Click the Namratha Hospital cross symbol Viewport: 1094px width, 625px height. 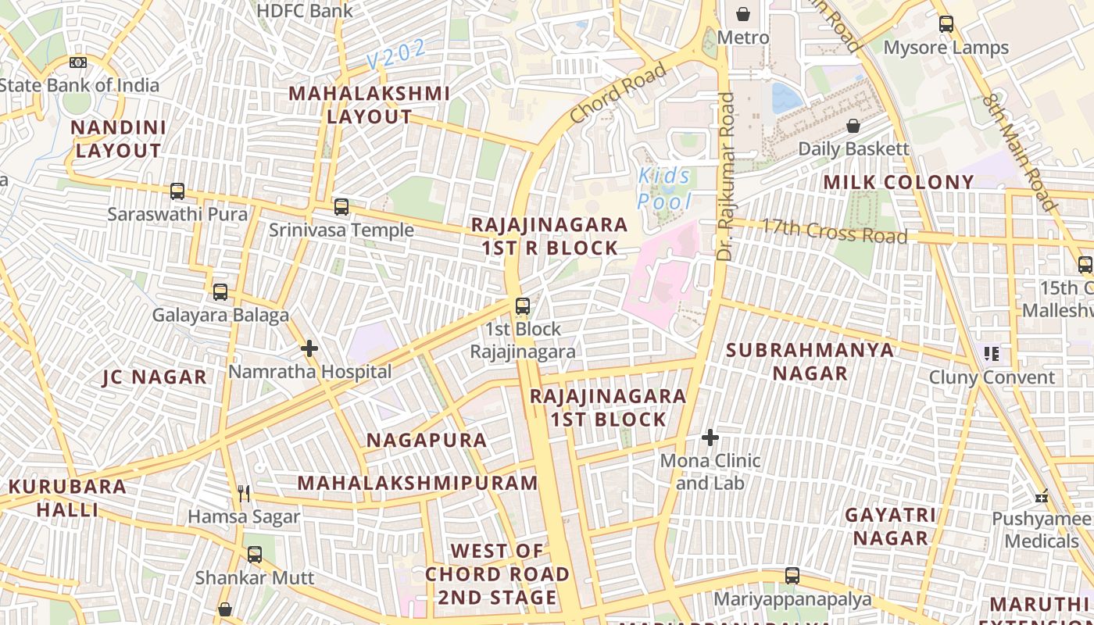point(309,348)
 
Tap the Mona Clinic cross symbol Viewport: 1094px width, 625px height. point(710,437)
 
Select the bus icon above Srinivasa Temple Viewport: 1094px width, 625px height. point(341,207)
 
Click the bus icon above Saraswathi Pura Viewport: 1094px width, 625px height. point(177,191)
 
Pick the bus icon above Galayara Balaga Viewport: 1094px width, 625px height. point(220,292)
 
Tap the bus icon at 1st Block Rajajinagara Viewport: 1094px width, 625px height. point(523,306)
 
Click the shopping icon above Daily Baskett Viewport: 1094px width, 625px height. point(853,126)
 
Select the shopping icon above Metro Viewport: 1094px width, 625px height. point(743,14)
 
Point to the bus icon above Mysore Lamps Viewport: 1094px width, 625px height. point(946,24)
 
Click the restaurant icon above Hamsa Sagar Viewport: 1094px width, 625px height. point(244,493)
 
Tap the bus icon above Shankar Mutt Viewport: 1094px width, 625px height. point(255,555)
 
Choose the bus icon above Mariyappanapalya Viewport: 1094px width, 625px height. point(792,576)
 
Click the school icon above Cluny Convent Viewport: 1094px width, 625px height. point(992,354)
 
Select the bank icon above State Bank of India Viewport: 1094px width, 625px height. point(78,62)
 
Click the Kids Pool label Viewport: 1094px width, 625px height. point(663,189)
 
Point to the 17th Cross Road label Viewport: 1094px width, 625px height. point(835,231)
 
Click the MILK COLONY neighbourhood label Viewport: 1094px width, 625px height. point(899,182)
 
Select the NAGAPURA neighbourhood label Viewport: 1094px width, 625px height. point(427,440)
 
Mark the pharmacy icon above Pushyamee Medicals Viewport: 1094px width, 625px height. point(1042,496)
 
